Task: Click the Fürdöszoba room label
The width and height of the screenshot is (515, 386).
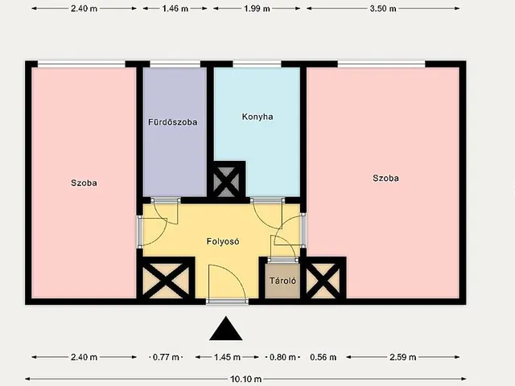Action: point(173,122)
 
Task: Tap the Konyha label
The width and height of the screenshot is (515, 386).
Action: point(257,117)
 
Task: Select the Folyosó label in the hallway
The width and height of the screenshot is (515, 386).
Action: point(223,241)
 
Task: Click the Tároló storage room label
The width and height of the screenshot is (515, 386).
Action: point(282,281)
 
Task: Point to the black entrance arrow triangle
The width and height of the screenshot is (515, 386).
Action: point(226,329)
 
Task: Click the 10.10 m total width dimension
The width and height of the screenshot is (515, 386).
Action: point(246,380)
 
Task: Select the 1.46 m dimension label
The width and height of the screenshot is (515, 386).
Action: point(175,9)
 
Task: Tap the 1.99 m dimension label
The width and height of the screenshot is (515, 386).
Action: point(257,9)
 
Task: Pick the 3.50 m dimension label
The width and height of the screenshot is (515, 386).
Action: point(383,9)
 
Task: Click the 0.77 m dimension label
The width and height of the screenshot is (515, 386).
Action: point(166,357)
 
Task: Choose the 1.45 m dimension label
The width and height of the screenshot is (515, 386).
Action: point(227,357)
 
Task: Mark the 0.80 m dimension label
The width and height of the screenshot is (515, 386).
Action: point(282,357)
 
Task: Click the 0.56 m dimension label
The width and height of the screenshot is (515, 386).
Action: point(323,357)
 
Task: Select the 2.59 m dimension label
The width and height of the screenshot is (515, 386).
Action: point(402,357)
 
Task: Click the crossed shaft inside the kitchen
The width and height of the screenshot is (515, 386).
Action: point(227,181)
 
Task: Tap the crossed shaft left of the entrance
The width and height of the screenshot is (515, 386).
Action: point(167,279)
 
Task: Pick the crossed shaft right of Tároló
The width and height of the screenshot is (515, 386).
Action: point(324,279)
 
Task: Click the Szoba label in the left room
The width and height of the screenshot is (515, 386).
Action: point(84,183)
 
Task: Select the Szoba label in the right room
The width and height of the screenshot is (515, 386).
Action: point(386,179)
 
